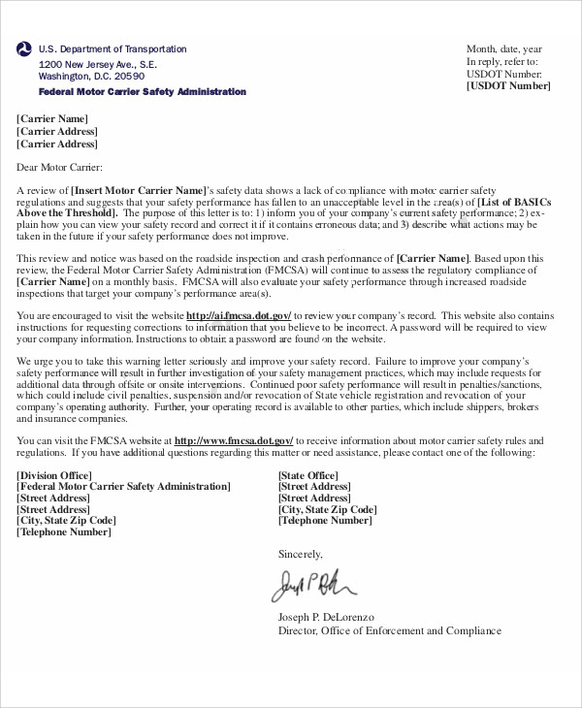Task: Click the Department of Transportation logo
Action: (x=24, y=50)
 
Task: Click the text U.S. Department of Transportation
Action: (x=113, y=49)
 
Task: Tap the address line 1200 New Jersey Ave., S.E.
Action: (x=97, y=64)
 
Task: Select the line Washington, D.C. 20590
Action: (x=91, y=77)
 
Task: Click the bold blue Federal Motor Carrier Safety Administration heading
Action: (x=142, y=92)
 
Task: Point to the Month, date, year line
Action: (x=504, y=49)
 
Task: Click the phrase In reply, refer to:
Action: (x=502, y=61)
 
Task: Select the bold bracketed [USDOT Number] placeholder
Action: (x=508, y=86)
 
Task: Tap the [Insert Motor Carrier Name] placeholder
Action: (x=139, y=189)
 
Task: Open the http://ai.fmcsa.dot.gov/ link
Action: (x=239, y=316)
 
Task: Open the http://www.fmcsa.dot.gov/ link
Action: (x=232, y=440)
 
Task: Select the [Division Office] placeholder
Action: (x=54, y=475)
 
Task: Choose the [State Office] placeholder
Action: (x=308, y=475)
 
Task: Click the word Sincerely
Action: (x=300, y=555)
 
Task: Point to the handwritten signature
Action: (x=312, y=585)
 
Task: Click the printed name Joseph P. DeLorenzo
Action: (x=326, y=617)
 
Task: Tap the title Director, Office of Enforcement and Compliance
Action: (x=390, y=630)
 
